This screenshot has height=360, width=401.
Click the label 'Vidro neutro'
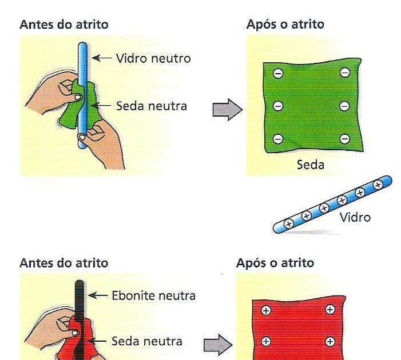pos(153,58)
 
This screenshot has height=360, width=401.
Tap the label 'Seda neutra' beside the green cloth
pos(151,106)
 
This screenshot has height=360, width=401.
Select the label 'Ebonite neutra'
pos(153,295)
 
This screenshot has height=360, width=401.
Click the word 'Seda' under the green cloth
pos(311,165)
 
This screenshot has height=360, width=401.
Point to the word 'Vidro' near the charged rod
pos(355,217)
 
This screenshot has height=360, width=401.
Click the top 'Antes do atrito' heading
pos(63,25)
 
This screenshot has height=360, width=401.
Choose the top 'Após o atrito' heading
pos(285,25)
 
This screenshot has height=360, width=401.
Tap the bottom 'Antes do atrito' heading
pos(63,263)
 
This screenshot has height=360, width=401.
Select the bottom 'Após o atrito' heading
pos(275,263)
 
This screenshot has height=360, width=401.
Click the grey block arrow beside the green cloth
pos(227,109)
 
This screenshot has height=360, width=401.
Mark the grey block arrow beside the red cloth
pos(218,345)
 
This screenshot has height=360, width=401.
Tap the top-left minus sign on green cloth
pos(278,73)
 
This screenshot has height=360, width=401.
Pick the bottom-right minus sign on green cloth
pos(344,139)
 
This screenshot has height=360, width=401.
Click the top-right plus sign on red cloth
pos(330,310)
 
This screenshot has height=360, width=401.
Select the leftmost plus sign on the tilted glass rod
pos(288,223)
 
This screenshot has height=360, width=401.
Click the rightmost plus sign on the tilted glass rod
pos(378,185)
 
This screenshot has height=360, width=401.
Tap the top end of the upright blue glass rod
pos(84,46)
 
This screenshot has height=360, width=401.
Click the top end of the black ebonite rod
pos(79,283)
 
